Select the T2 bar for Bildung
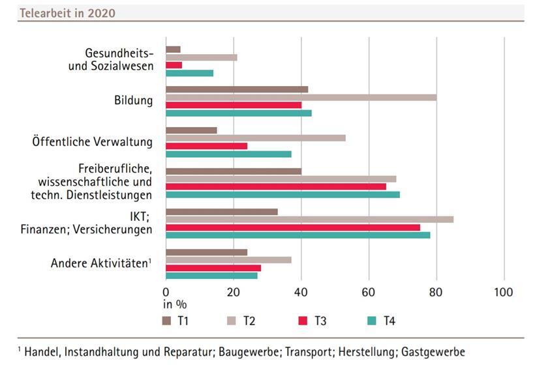tap(301, 97)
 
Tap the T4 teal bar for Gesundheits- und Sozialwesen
tap(189, 73)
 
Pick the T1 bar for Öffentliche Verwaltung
tap(191, 130)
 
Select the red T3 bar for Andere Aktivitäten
tap(213, 267)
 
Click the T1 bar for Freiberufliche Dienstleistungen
tap(233, 171)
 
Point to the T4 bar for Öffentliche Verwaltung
tap(228, 154)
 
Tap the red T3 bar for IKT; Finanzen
tap(292, 227)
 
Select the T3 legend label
tap(320, 320)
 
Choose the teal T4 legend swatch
tap(370, 320)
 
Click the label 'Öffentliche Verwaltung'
tap(92, 141)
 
